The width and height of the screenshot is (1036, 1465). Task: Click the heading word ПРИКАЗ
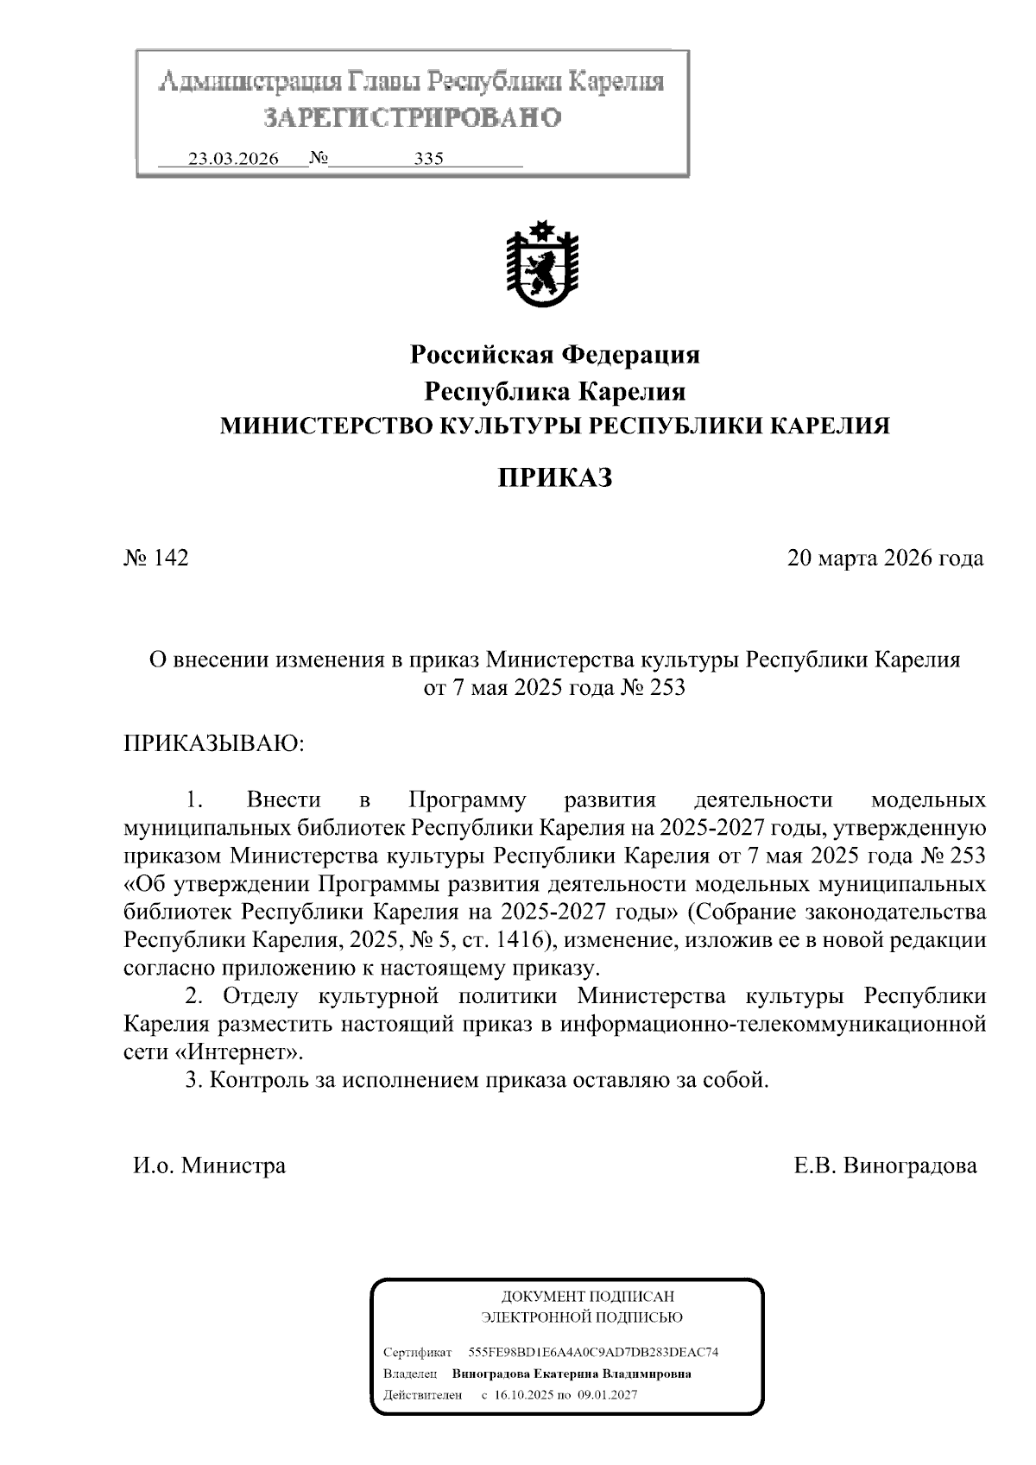pyautogui.click(x=554, y=477)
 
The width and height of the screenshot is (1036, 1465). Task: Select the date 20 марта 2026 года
pyautogui.click(x=885, y=558)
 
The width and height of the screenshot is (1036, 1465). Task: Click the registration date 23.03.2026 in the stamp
pyautogui.click(x=233, y=159)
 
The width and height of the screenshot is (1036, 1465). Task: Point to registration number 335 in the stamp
pyautogui.click(x=428, y=159)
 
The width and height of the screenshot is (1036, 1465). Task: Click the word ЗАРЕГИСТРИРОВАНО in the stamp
pyautogui.click(x=412, y=117)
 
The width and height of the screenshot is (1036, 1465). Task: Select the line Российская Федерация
pyautogui.click(x=554, y=354)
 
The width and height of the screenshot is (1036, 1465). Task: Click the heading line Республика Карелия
pyautogui.click(x=554, y=391)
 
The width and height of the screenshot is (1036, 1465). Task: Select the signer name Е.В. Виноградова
pyautogui.click(x=886, y=1165)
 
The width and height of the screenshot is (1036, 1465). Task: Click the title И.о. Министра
pyautogui.click(x=209, y=1165)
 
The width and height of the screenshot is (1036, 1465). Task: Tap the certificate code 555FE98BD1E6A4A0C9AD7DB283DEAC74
pyautogui.click(x=593, y=1352)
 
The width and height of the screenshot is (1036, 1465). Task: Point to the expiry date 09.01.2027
pyautogui.click(x=609, y=1394)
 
